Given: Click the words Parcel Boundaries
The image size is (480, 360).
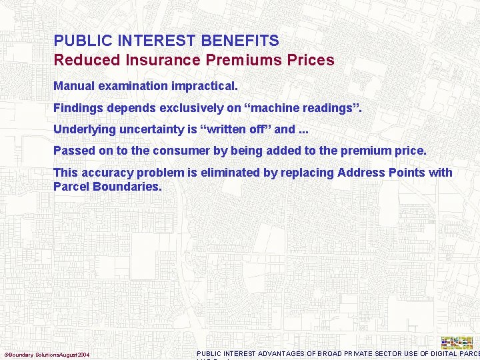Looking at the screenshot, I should click(107, 187).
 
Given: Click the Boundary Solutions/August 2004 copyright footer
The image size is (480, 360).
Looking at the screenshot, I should click(47, 354).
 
